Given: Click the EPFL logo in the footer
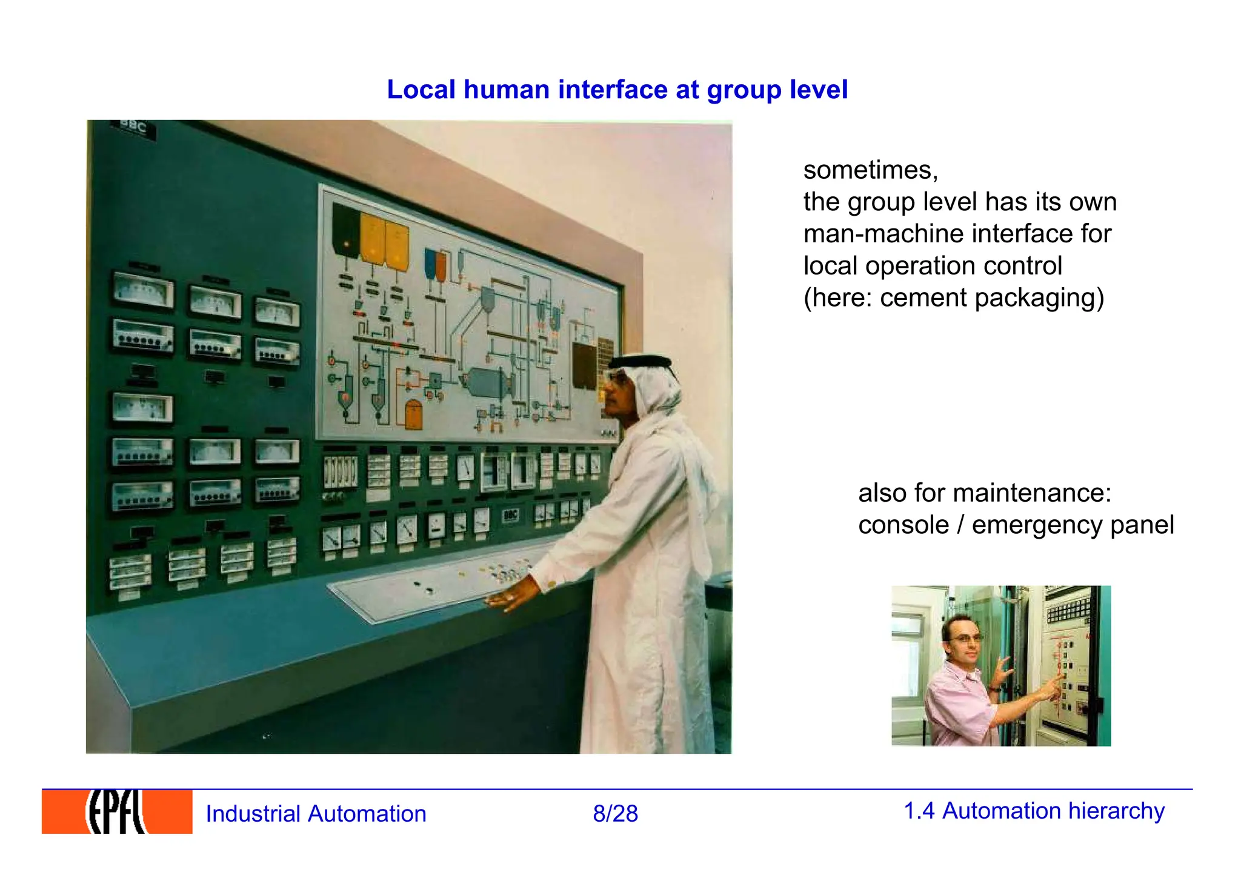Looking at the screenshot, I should click(x=117, y=812).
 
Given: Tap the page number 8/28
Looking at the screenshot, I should click(x=615, y=814).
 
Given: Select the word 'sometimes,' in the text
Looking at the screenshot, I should click(x=870, y=170).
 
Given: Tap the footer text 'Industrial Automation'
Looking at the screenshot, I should click(x=316, y=814).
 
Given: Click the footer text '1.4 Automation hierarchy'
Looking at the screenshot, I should click(x=1034, y=811).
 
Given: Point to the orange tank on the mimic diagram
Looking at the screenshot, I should click(x=413, y=414).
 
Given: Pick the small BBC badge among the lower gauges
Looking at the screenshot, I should click(x=510, y=515).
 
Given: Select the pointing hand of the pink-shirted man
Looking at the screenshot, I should click(x=1056, y=682).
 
